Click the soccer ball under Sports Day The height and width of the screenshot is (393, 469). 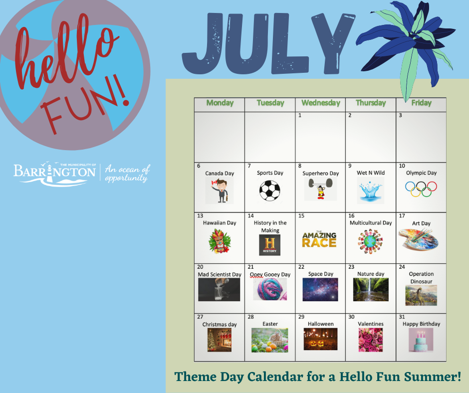[x=270, y=191]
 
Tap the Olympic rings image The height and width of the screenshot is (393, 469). [x=421, y=189]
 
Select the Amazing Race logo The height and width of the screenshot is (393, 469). [x=319, y=239]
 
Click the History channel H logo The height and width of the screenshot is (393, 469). [x=270, y=245]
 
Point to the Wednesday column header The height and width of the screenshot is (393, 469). [x=321, y=103]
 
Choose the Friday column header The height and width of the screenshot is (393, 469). [x=422, y=103]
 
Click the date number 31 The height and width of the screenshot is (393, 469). [x=402, y=317]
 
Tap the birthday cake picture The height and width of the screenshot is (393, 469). [x=421, y=340]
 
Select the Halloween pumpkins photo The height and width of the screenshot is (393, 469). [x=320, y=339]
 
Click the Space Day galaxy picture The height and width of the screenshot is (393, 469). [x=320, y=290]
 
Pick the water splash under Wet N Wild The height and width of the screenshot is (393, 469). [x=371, y=191]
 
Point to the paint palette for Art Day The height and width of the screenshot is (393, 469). [x=419, y=239]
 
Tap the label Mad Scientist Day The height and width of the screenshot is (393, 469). [x=220, y=274]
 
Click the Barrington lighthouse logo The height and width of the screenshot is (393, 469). [x=54, y=174]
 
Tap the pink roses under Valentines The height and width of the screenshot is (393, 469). [x=371, y=340]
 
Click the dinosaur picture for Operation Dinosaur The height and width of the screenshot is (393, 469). [x=421, y=295]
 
